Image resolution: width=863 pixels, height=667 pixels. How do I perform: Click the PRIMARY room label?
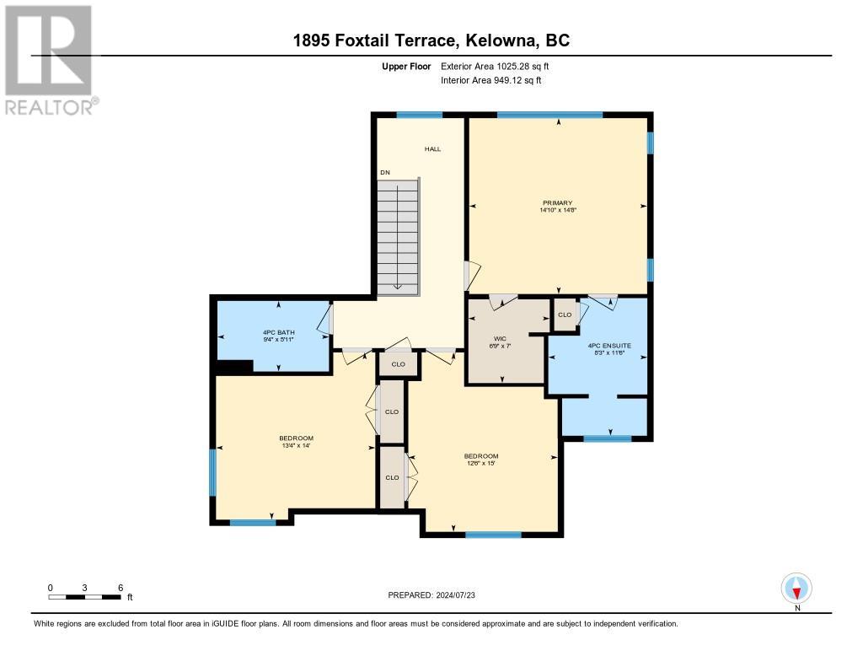pos(558,202)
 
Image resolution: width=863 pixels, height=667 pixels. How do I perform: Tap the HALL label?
pos(432,148)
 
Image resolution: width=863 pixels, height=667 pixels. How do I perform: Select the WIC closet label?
pos(500,339)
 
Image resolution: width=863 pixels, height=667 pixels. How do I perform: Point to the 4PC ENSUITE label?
pos(609,346)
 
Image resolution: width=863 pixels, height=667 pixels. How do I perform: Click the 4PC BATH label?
pos(278,332)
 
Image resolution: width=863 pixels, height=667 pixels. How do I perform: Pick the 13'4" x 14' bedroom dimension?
pos(296,445)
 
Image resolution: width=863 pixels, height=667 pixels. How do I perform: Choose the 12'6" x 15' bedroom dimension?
pos(481,463)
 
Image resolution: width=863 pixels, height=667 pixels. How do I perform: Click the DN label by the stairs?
pos(384,172)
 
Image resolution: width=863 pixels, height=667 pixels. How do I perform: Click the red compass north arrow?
pos(796,593)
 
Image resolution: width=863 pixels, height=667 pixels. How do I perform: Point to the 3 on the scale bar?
pos(85,588)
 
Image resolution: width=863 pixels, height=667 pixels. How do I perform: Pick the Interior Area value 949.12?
pos(509,80)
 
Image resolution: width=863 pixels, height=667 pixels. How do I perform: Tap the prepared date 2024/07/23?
pos(456,594)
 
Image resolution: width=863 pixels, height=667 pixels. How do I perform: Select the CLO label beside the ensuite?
pos(565,315)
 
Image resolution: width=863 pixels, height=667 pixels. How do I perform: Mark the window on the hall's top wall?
pos(420,115)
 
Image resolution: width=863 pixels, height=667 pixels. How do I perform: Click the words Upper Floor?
pos(406,66)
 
